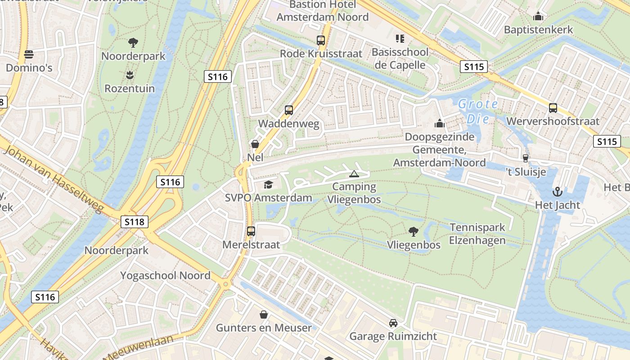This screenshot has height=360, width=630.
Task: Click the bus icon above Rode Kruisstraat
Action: click(321, 40)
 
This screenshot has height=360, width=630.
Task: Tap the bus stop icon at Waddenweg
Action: click(289, 110)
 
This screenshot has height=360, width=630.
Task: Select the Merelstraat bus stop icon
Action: click(251, 231)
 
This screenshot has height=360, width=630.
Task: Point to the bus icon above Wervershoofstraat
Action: click(553, 108)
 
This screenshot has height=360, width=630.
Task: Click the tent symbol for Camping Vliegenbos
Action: click(354, 174)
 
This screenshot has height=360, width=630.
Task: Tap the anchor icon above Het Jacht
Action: click(558, 192)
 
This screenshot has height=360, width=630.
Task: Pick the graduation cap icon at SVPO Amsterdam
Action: click(269, 184)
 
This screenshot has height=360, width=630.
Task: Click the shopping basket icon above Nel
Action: click(255, 144)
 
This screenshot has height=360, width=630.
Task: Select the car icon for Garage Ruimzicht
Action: click(393, 323)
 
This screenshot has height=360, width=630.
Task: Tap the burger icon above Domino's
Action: click(29, 54)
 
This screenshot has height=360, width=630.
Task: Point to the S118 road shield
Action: click(134, 221)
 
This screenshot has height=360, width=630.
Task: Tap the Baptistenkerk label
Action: click(538, 30)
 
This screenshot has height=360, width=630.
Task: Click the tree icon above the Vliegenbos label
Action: click(413, 232)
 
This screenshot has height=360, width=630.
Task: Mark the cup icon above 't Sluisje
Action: click(525, 158)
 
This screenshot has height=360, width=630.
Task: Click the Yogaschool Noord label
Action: click(165, 275)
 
